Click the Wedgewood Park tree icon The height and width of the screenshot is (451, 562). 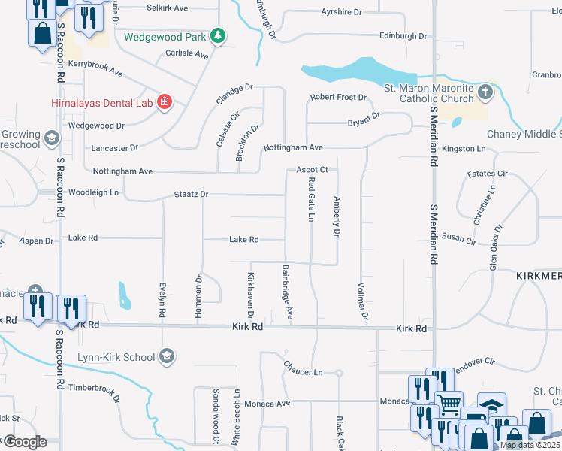217,35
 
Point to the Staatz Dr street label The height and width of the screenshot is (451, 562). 191,194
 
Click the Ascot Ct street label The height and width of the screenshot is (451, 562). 312,170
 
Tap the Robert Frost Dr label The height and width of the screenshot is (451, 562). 339,98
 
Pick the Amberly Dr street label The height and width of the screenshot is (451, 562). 337,216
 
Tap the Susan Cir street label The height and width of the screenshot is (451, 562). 459,238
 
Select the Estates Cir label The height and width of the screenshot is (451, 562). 487,174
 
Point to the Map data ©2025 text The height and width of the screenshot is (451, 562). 530,445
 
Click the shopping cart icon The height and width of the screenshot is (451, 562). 449,404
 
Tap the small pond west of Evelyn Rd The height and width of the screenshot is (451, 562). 124,295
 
